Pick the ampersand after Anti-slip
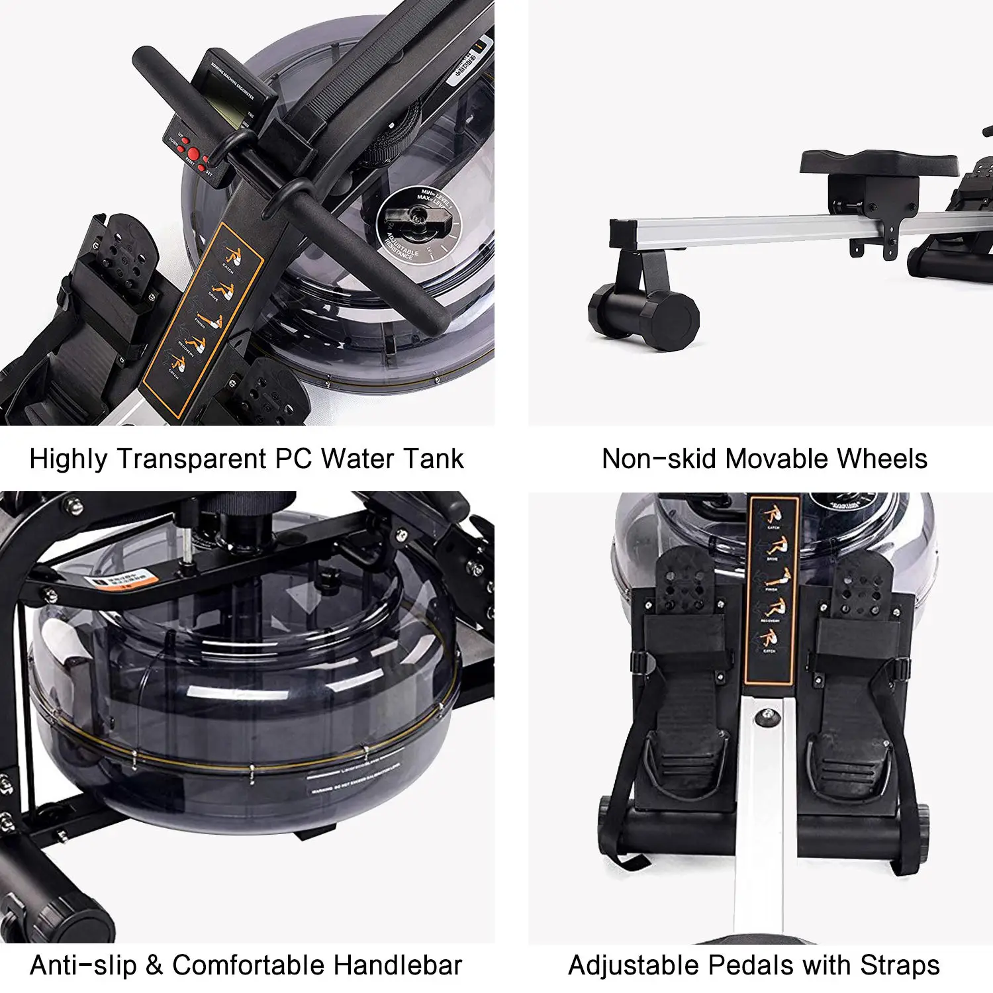tap(154, 965)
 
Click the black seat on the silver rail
tap(878, 163)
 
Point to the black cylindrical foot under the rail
tap(643, 319)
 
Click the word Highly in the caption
tap(68, 459)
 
